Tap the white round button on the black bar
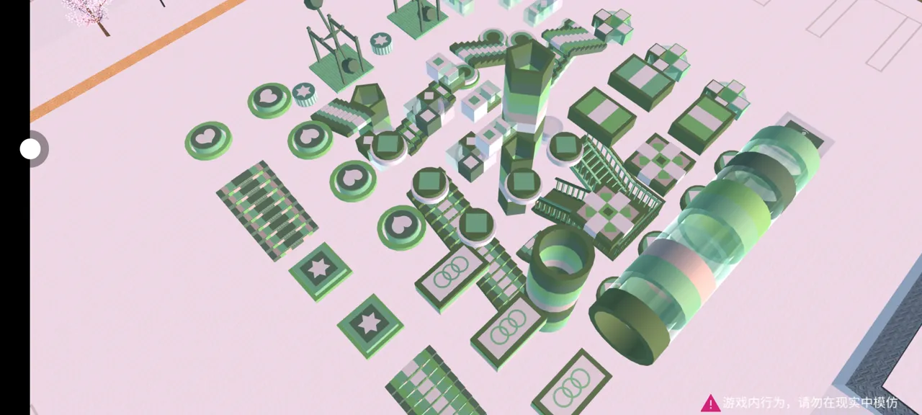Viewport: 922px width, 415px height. [30, 148]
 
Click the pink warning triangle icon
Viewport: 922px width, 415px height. [710, 403]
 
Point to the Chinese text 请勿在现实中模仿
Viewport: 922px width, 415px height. [848, 403]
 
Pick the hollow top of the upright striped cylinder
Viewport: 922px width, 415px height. [563, 251]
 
